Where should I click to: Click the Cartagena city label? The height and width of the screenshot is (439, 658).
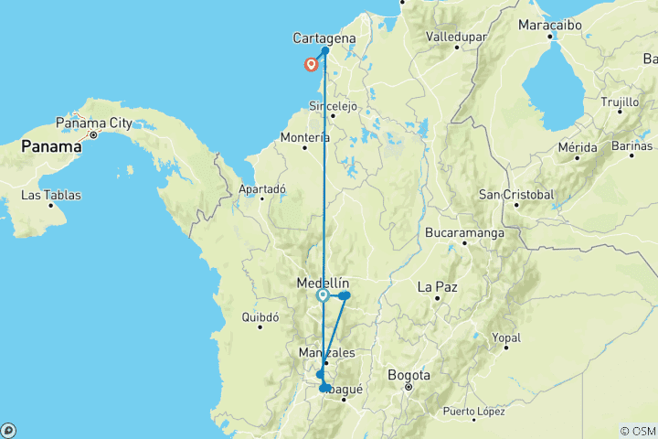[324, 37]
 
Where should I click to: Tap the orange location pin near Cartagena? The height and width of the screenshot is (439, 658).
[311, 64]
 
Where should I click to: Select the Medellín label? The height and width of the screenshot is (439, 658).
[324, 284]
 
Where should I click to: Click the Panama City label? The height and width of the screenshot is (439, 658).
[94, 122]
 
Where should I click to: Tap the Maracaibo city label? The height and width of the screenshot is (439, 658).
[550, 24]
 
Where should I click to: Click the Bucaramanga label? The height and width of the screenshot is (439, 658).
[465, 233]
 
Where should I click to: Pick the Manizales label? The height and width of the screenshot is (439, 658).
[326, 352]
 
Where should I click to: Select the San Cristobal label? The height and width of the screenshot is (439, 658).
[516, 194]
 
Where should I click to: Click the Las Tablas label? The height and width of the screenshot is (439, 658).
[50, 195]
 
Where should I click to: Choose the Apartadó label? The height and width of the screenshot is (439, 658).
[262, 188]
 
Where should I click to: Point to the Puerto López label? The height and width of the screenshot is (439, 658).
[472, 411]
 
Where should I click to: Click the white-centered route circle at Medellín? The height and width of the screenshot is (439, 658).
[323, 295]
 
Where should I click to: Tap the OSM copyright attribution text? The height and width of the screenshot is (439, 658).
[637, 431]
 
